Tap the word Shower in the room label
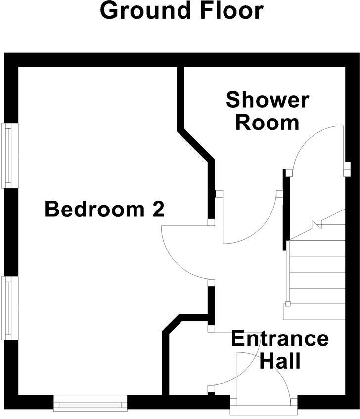pyautogui.click(x=267, y=100)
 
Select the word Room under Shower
pyautogui.click(x=267, y=122)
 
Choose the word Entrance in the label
pyautogui.click(x=279, y=339)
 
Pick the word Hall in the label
pyautogui.click(x=280, y=361)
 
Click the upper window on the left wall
pyautogui.click(x=10, y=155)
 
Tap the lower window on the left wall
pyautogui.click(x=10, y=308)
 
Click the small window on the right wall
pyautogui.click(x=347, y=169)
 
